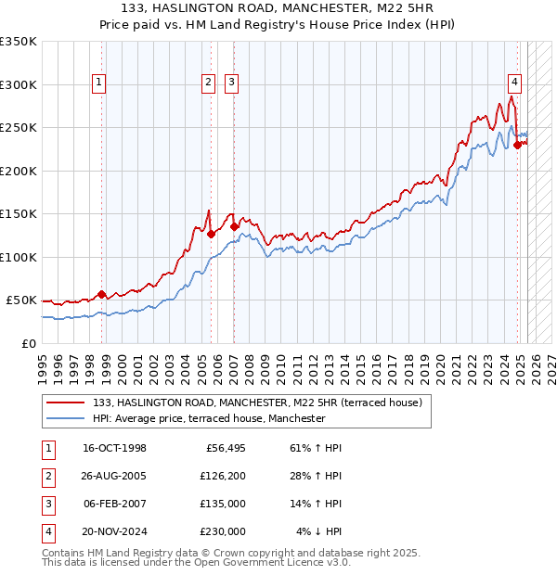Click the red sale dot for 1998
coord(101,294)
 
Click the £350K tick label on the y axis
coord(19,42)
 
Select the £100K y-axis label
coord(19,257)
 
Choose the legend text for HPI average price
coord(209,418)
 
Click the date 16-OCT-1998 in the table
coord(114,448)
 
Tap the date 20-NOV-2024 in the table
coord(115,531)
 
